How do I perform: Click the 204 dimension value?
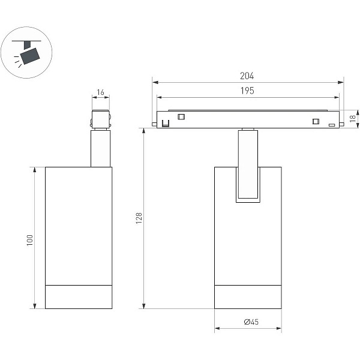(x=247, y=76)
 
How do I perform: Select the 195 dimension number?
(x=247, y=91)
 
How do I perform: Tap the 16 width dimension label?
(x=100, y=92)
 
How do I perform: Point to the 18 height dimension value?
(x=352, y=118)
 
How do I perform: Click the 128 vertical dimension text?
(x=139, y=218)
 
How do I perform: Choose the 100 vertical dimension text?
(x=30, y=241)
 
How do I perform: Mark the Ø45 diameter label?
(x=251, y=322)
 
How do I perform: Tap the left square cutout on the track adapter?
(x=181, y=117)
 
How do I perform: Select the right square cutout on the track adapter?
(x=316, y=121)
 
